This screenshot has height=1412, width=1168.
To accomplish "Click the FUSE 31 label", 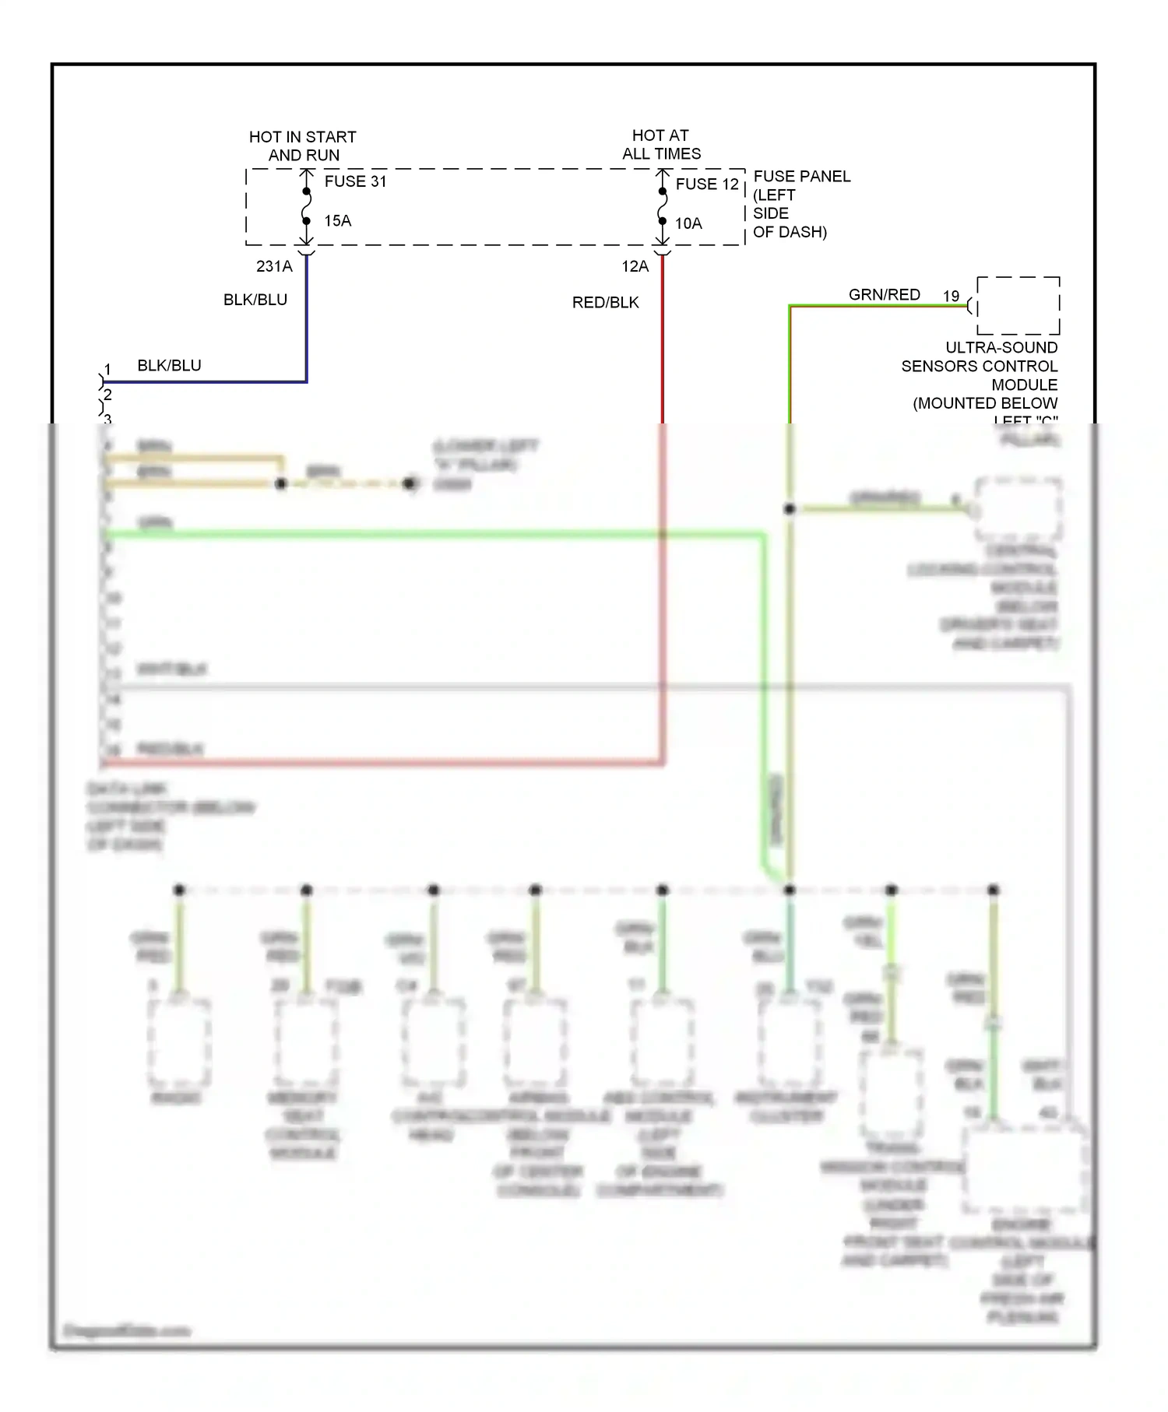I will (355, 181).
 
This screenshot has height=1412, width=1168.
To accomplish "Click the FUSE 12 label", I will (706, 184).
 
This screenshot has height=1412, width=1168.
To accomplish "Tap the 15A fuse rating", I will (337, 221).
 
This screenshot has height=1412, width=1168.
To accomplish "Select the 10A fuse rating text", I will (688, 224).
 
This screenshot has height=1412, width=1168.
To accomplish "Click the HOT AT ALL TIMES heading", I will (661, 145).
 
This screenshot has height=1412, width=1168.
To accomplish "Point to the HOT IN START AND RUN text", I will (303, 146).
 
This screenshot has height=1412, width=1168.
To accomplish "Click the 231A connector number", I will (274, 266).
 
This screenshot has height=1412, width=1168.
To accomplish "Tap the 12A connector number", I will (635, 266).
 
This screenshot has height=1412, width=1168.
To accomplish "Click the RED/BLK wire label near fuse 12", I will (605, 303).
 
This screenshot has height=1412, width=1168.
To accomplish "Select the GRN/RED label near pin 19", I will (884, 295).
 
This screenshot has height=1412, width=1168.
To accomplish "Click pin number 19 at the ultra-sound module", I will (951, 297).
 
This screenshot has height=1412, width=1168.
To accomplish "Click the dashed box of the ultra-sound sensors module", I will (1018, 305).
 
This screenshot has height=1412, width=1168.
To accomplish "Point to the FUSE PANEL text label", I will (801, 177).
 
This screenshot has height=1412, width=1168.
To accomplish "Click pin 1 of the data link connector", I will (107, 370).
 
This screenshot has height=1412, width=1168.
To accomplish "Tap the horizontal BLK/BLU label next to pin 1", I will (169, 366).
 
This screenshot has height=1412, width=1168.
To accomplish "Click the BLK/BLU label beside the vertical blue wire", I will (255, 300).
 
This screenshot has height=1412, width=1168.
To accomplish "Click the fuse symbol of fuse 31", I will (307, 206).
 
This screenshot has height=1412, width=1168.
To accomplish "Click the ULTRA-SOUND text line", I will (1001, 348).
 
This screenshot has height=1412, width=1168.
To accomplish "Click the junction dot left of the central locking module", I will (790, 509).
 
